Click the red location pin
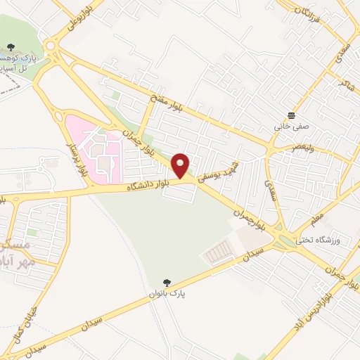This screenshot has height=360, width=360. [x=181, y=165]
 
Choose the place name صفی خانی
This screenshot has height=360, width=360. [x=290, y=127]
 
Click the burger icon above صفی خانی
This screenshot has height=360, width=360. [x=290, y=115]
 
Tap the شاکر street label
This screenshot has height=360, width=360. [x=345, y=83]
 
